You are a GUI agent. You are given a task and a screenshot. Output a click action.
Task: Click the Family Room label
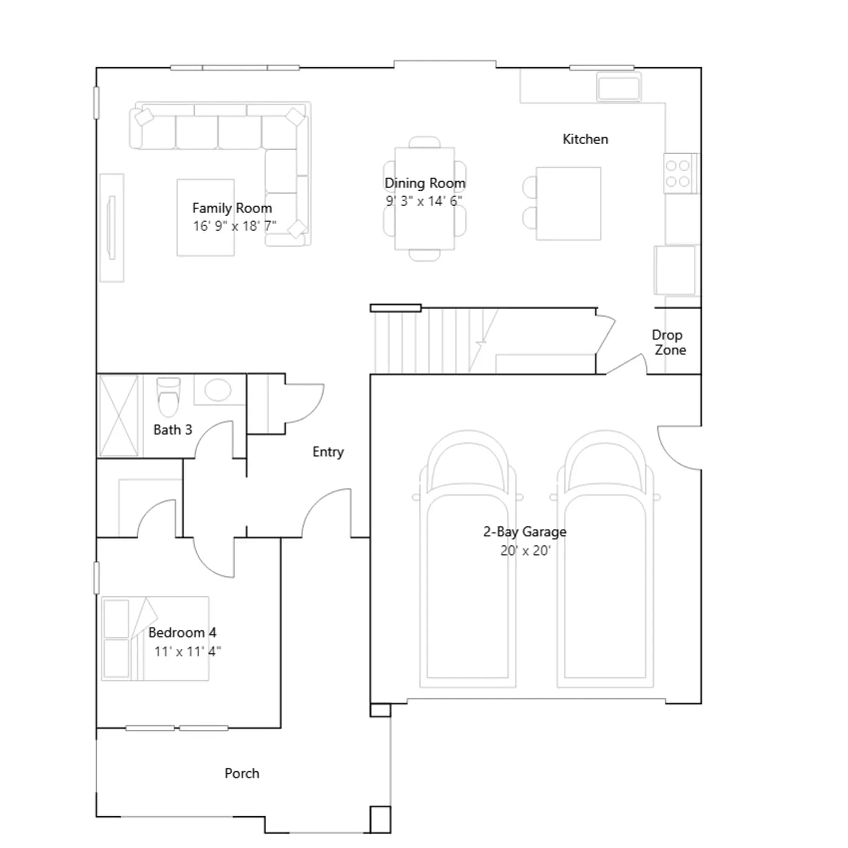(232, 208)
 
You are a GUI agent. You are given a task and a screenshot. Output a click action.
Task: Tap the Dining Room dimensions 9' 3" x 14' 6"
(424, 201)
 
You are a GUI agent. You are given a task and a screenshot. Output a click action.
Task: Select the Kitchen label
(585, 139)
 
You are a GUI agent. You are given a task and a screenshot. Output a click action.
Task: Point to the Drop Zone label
(668, 342)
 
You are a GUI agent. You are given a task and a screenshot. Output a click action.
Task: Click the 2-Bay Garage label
(525, 532)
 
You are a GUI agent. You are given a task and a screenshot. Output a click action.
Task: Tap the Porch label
(242, 773)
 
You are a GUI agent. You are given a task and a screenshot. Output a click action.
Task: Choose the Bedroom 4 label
(182, 632)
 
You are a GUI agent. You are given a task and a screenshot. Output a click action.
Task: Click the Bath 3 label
(173, 429)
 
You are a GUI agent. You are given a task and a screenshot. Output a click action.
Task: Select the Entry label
(328, 452)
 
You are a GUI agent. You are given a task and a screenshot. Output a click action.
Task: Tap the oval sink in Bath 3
(218, 391)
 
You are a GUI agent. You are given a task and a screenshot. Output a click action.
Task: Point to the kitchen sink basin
(619, 87)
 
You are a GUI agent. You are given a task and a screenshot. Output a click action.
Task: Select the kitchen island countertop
(569, 204)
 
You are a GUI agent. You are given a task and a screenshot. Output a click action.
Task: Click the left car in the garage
(468, 559)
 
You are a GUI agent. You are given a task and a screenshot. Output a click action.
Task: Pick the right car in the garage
(605, 559)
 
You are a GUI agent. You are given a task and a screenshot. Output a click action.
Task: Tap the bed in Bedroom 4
(155, 639)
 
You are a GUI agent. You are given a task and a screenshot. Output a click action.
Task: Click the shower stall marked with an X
(119, 416)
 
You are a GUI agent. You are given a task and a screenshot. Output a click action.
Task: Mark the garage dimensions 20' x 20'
(525, 551)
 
